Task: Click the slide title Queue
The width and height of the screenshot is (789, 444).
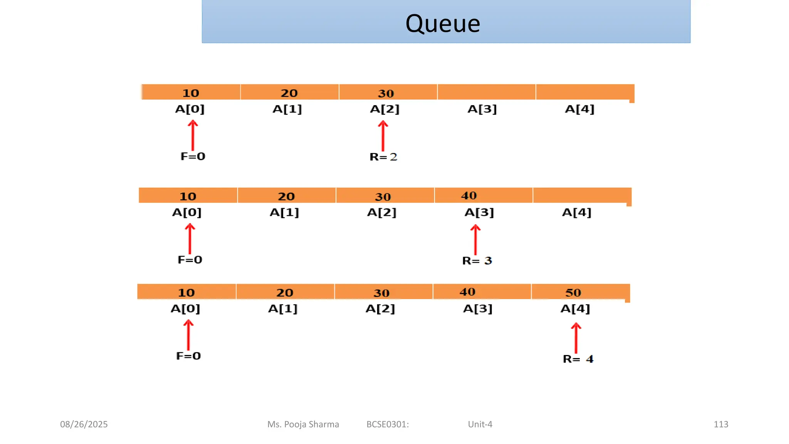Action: point(443,24)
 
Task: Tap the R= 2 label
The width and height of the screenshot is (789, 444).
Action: point(383,157)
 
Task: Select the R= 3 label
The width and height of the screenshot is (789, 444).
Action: point(477,261)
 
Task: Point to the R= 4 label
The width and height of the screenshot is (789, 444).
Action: point(578,359)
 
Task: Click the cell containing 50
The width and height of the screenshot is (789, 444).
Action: point(580,292)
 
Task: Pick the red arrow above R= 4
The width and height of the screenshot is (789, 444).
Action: point(576,338)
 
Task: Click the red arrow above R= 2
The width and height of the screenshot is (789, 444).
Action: point(383,136)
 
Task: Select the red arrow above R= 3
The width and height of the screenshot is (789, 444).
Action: point(475,240)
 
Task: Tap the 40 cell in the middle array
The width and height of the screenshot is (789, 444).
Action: point(483,195)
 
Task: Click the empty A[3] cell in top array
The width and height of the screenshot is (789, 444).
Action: point(486,92)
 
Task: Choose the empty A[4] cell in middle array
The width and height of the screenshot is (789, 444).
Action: point(582,195)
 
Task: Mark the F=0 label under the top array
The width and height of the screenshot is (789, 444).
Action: point(193,156)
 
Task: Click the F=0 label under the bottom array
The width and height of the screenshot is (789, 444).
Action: point(188,356)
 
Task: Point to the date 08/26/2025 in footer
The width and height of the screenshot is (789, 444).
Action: point(84,424)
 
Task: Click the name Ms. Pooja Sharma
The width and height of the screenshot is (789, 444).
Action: point(303,424)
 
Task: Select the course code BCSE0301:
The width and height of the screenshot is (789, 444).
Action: point(388,424)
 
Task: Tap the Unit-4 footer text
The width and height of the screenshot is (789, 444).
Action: point(480,424)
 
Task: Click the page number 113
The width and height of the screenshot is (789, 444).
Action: point(721,424)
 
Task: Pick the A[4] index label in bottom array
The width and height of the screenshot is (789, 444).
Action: point(575,309)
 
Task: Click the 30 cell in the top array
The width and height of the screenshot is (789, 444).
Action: point(388,92)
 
